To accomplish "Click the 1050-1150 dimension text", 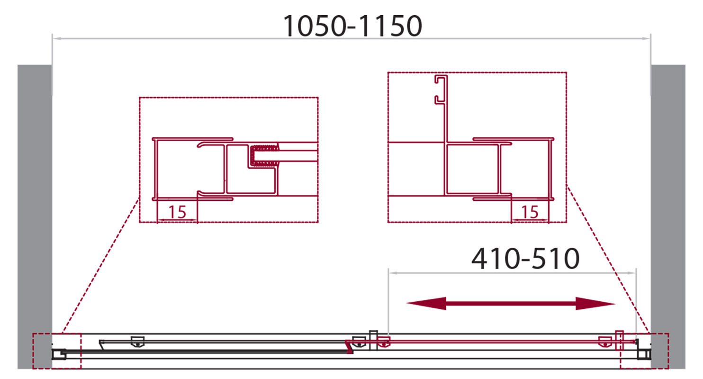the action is click(x=352, y=27).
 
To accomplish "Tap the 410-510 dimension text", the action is click(x=525, y=259).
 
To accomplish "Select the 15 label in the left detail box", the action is click(x=177, y=212).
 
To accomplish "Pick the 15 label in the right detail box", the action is click(x=530, y=212).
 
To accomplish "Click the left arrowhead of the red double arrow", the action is click(x=426, y=303).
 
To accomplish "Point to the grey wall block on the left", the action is click(x=35, y=217).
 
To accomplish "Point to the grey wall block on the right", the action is click(x=668, y=217).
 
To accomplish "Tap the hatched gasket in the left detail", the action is click(x=264, y=155).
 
